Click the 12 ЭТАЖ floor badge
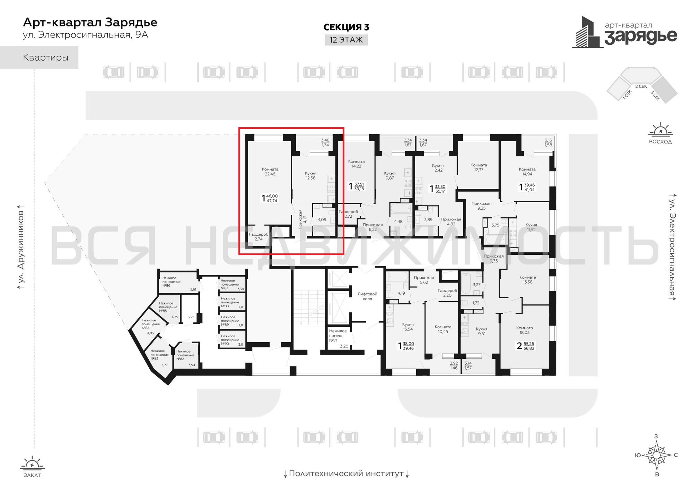(x=346, y=40)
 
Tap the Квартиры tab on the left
(x=46, y=58)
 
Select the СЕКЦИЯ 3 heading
(x=346, y=27)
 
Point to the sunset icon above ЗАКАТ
(x=32, y=463)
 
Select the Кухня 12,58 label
(x=311, y=176)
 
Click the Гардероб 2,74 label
(x=258, y=237)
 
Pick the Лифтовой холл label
(x=367, y=296)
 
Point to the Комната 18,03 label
(x=524, y=330)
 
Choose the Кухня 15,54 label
(x=408, y=327)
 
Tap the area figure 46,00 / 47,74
(x=272, y=198)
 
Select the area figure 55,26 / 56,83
(x=529, y=346)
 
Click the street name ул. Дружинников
(x=21, y=247)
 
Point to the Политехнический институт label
(x=346, y=473)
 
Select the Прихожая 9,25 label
(x=481, y=206)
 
